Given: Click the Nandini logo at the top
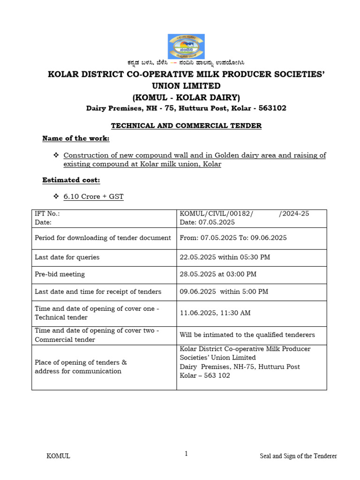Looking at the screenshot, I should pyautogui.click(x=186, y=46).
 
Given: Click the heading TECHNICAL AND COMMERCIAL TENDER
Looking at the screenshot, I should pyautogui.click(x=186, y=126).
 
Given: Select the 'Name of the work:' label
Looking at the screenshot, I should pyautogui.click(x=75, y=138).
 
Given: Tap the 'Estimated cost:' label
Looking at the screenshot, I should pyautogui.click(x=71, y=180).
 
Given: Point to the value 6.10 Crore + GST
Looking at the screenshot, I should pyautogui.click(x=93, y=196).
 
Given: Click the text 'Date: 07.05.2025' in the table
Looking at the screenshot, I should pyautogui.click(x=207, y=223).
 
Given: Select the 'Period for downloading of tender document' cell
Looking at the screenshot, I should pyautogui.click(x=103, y=238).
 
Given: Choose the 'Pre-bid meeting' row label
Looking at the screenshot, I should pyautogui.click(x=60, y=274).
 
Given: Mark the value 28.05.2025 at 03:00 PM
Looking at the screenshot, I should pyautogui.click(x=218, y=274).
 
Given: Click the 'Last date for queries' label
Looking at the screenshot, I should pyautogui.click(x=67, y=257).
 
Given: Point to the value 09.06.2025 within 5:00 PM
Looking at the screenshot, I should pyautogui.click(x=224, y=292).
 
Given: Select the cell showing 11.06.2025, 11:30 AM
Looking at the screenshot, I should pyautogui.click(x=215, y=313).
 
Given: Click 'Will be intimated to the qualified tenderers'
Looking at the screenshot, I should pyautogui.click(x=247, y=335).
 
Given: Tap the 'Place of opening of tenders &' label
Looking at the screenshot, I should pyautogui.click(x=81, y=362).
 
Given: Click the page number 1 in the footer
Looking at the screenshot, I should pyautogui.click(x=186, y=454).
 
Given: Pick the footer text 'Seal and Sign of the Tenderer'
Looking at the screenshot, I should pyautogui.click(x=299, y=456).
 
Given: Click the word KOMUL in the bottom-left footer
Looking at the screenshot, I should pyautogui.click(x=59, y=456).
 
